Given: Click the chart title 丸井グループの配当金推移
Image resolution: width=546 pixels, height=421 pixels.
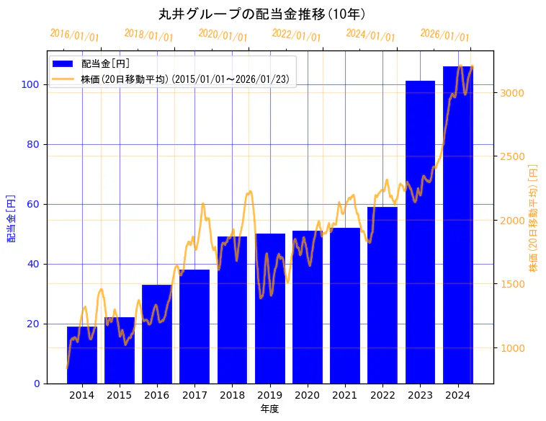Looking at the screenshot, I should [x=262, y=14].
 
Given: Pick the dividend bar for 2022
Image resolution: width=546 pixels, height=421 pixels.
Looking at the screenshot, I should [x=382, y=295].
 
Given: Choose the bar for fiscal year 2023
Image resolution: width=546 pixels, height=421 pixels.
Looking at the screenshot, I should [x=420, y=231].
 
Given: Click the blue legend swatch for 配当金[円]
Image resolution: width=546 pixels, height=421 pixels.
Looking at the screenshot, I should [x=63, y=64].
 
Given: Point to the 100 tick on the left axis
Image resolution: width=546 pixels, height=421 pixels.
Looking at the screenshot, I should [x=34, y=84].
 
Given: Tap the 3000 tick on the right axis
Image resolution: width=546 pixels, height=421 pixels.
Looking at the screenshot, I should [x=511, y=93].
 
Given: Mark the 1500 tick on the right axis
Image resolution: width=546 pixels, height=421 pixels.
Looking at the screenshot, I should [x=511, y=284].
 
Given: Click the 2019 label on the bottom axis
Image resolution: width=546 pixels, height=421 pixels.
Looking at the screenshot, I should [x=269, y=394].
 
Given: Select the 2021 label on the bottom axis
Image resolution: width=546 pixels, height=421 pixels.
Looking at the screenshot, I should [x=345, y=394].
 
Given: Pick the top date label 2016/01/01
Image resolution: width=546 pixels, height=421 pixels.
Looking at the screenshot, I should [x=74, y=35].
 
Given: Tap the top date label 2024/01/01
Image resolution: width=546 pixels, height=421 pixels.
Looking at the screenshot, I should [x=370, y=35].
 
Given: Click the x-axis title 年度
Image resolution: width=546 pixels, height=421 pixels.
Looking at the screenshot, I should [x=269, y=409].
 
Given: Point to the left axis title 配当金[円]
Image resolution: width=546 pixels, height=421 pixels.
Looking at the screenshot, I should [x=12, y=218].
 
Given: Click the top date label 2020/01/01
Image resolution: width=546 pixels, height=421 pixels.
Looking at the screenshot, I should [x=223, y=35].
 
